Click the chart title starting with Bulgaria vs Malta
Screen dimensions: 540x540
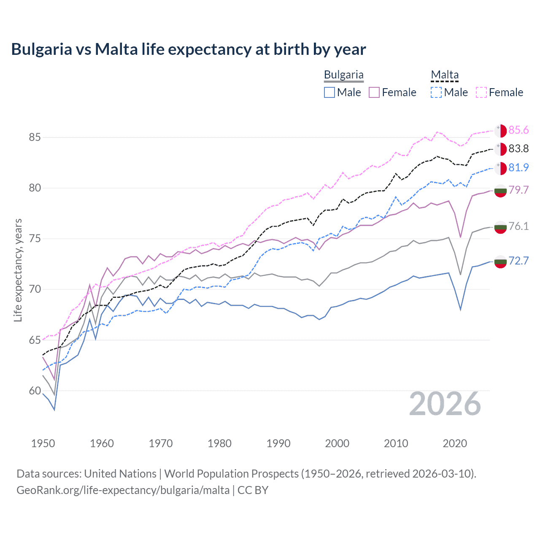(x=188, y=49)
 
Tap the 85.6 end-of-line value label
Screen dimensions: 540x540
(x=518, y=130)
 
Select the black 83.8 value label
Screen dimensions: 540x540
(x=518, y=148)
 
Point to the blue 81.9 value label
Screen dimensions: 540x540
(x=518, y=167)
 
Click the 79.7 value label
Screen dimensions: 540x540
(x=518, y=190)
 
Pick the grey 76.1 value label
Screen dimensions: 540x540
(x=518, y=226)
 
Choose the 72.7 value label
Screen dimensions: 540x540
(x=518, y=261)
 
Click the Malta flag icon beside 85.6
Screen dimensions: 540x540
(x=500, y=131)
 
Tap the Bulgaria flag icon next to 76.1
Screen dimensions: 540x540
(x=500, y=227)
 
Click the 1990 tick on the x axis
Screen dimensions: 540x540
(x=278, y=443)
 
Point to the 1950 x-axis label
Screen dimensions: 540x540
(x=43, y=443)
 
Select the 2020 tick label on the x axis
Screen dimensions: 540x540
(x=455, y=443)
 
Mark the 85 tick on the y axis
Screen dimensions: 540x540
(x=35, y=138)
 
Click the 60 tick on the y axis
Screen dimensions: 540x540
(x=35, y=391)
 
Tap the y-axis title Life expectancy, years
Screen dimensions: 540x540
(x=18, y=270)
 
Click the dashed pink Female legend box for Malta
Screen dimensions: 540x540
(x=481, y=92)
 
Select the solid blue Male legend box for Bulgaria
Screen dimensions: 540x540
(x=329, y=92)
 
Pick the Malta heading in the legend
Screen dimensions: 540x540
(x=445, y=75)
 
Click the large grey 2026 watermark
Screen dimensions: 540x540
(x=445, y=404)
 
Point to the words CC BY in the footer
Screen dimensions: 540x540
(x=253, y=490)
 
